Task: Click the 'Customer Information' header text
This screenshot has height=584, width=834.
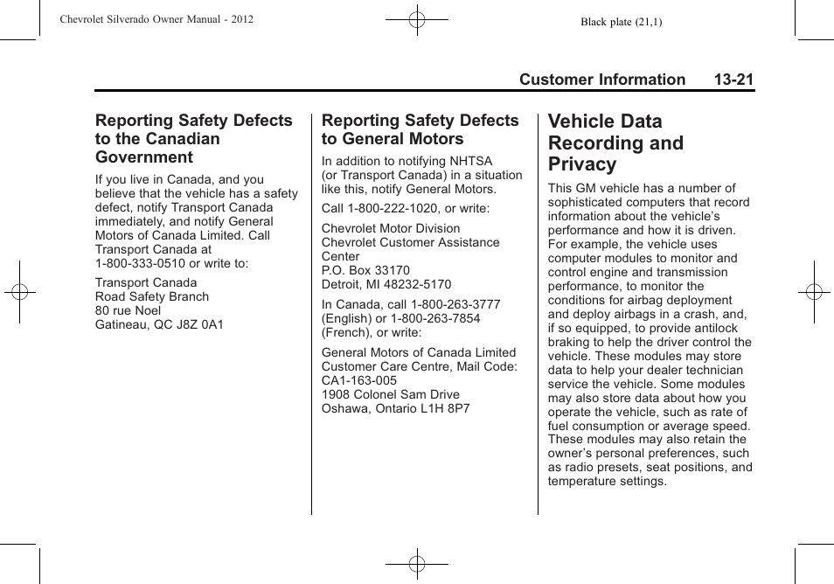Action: click(x=601, y=80)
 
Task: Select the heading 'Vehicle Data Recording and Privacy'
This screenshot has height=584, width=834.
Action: click(x=615, y=143)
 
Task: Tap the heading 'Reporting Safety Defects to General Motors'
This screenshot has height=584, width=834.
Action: click(x=420, y=129)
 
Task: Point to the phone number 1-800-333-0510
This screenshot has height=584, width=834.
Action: click(x=140, y=263)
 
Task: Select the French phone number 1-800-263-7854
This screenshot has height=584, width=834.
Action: click(x=437, y=318)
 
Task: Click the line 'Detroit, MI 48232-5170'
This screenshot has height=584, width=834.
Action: click(x=386, y=284)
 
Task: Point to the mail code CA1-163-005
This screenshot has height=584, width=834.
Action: click(x=359, y=380)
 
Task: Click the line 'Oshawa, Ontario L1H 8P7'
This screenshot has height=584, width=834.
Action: click(x=396, y=408)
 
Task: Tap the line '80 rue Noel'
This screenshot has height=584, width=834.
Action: click(x=129, y=310)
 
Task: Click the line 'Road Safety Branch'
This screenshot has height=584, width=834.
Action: click(x=152, y=296)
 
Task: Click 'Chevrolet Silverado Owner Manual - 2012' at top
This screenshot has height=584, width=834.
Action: click(x=156, y=18)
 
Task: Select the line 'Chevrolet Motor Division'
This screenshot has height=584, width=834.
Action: click(x=391, y=228)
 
